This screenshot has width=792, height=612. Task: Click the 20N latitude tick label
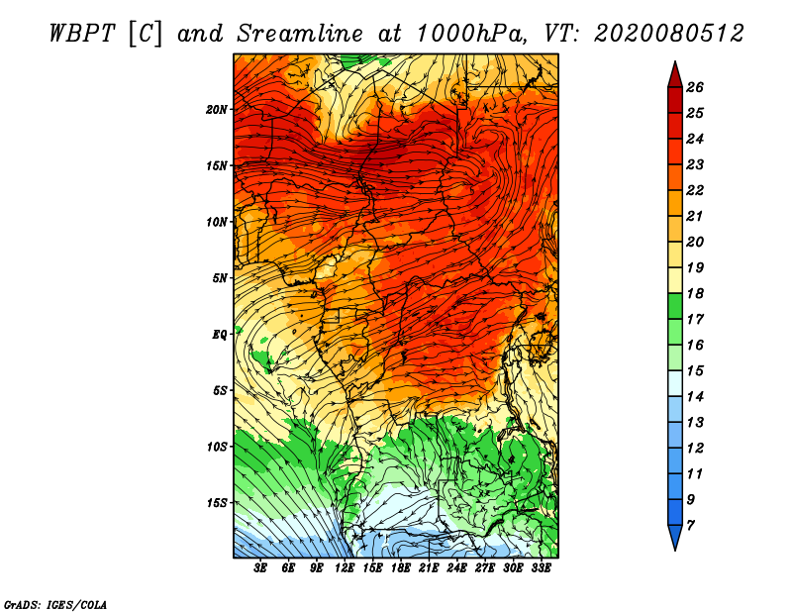[x=217, y=110]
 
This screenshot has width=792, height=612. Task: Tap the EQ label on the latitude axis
[x=220, y=335]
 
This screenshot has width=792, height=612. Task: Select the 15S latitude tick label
[x=217, y=503]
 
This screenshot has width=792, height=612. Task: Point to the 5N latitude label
[x=220, y=278]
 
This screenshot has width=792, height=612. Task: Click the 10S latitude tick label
[x=217, y=447]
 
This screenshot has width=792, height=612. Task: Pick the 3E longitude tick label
[x=260, y=568]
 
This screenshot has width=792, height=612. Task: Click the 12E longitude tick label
[x=344, y=568]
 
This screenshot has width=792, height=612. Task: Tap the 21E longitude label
[x=429, y=568]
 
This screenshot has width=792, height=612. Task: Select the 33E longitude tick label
[x=541, y=568]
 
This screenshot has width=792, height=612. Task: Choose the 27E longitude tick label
[x=484, y=568]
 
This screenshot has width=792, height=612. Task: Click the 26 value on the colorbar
[x=695, y=87]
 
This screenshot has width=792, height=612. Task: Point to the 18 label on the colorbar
[x=695, y=293]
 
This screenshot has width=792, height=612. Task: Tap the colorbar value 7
[x=690, y=526]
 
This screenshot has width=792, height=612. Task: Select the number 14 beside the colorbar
[x=695, y=397]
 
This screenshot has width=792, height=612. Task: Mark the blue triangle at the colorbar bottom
[x=675, y=537]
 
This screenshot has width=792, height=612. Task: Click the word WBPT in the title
[x=83, y=34]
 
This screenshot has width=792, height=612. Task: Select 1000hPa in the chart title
[x=472, y=34]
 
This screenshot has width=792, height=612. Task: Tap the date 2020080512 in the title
[x=669, y=34]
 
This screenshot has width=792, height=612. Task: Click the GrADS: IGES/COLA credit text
[x=55, y=605]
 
